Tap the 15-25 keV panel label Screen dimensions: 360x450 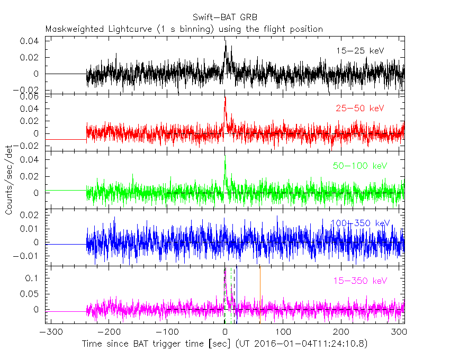(359, 51)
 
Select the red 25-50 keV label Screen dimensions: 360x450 (359, 109)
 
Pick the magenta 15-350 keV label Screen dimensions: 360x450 (361, 281)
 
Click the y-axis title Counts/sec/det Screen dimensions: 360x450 (10, 179)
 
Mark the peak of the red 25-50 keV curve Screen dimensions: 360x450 (226, 97)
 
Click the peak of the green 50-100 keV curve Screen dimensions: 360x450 (225, 160)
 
